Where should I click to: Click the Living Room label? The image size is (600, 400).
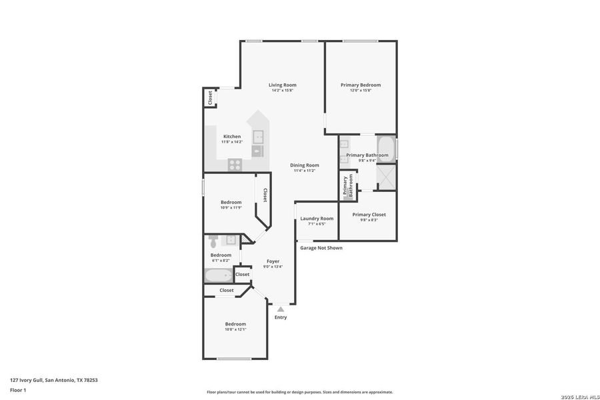coord(282,85)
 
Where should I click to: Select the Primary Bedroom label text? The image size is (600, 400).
coord(360,85)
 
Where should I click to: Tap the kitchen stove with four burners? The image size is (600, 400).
coord(235,164)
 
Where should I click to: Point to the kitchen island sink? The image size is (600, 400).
coord(257,137)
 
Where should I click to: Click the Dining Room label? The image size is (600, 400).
coord(304,165)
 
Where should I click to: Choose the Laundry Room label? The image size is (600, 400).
coord(317,218)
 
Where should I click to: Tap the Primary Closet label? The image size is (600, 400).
coord(369,215)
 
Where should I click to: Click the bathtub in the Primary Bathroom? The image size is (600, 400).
coord(386,147)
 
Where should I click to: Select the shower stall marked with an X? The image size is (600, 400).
coord(386,176)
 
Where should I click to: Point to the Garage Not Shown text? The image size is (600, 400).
coord(321,247)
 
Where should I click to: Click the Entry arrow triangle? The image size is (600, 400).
coord(281,309)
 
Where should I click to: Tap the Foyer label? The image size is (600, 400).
coord(273,261)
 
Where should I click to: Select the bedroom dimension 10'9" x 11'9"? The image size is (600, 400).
coord(231,207)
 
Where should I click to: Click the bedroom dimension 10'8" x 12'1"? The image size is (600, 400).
coord(235,329)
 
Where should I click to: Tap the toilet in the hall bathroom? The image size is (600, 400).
coord(213,239)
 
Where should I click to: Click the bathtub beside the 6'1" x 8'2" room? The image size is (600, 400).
coord(218,275)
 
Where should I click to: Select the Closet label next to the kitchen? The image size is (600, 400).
coord(209,97)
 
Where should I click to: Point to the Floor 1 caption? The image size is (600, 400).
coord(18,389)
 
